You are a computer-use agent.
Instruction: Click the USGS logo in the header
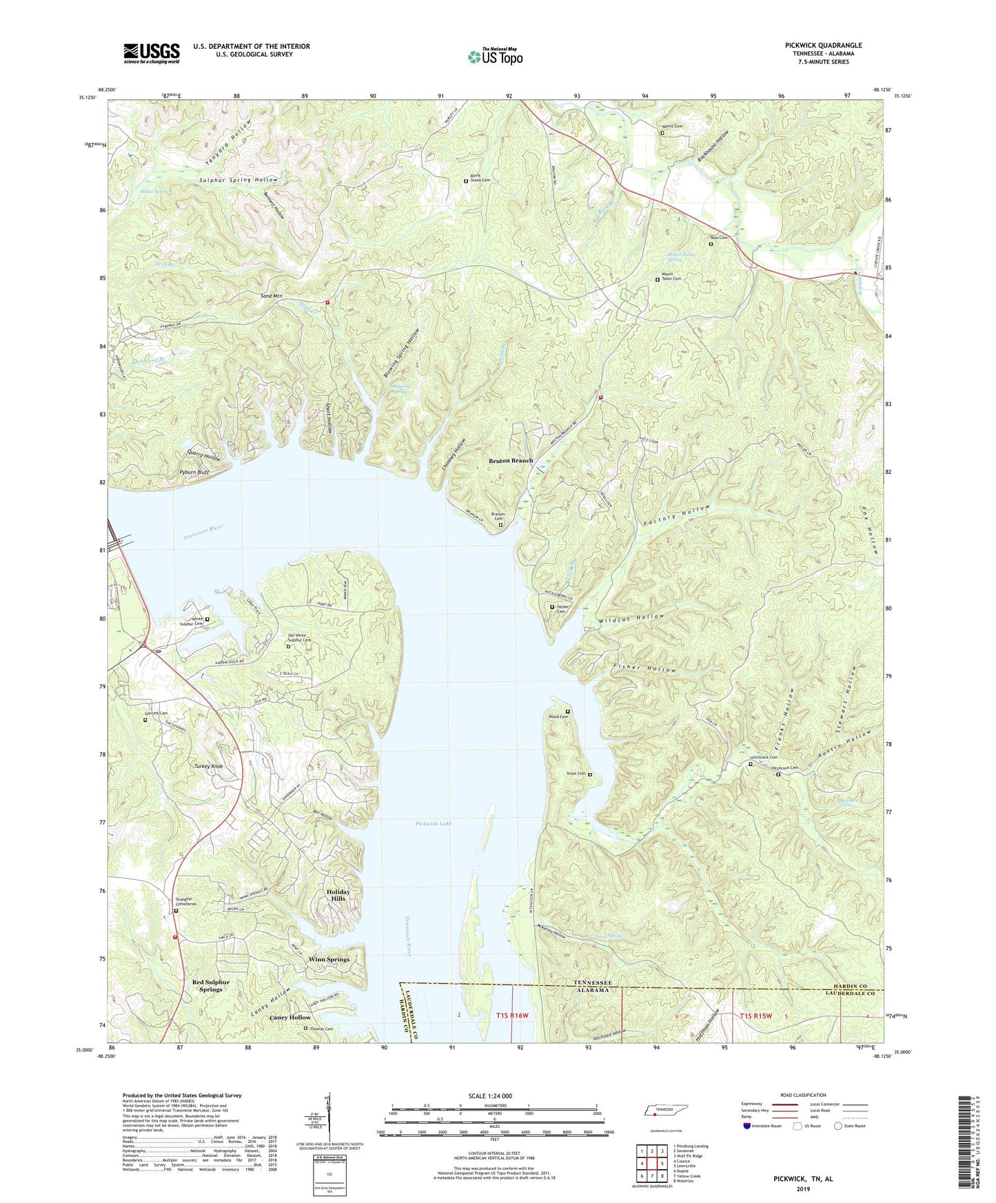152,53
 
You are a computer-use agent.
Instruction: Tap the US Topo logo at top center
495,56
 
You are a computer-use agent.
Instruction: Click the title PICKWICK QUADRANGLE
823,45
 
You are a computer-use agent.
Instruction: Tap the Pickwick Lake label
434,823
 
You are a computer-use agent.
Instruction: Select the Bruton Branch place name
511,460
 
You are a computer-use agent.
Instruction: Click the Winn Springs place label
329,959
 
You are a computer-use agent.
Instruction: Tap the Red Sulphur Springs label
210,985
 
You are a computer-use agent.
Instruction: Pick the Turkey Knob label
208,766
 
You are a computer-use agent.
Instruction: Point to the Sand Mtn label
272,296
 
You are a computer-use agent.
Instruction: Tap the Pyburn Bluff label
194,473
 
